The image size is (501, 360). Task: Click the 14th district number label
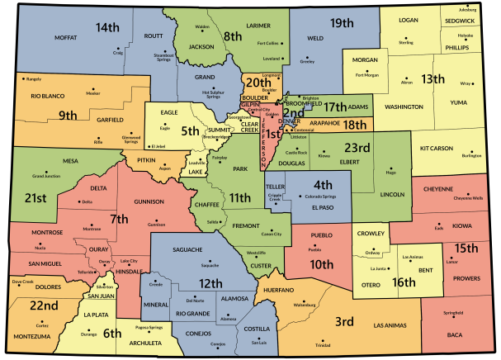(x=107, y=28)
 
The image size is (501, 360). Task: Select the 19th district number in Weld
(x=341, y=23)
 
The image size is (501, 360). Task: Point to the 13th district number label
(x=432, y=79)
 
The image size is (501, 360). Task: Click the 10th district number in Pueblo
(x=322, y=265)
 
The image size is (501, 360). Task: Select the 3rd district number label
(x=344, y=320)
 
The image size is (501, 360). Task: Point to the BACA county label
(x=454, y=334)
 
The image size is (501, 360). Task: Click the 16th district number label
(x=404, y=282)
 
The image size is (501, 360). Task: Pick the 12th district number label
(x=210, y=283)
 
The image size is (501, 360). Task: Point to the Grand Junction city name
(x=47, y=177)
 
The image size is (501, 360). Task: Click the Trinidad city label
(x=323, y=345)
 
